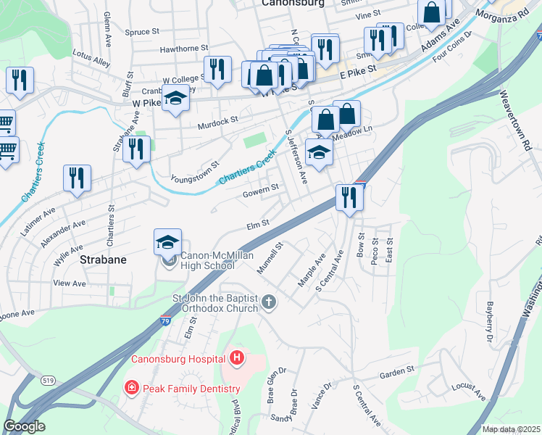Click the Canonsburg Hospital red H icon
(236, 357)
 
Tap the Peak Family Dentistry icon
(132, 387)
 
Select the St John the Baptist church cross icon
(269, 301)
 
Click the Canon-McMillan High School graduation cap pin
(167, 243)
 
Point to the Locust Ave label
(470, 391)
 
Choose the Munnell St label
(270, 259)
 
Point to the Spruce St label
(141, 32)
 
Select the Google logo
(24, 426)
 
